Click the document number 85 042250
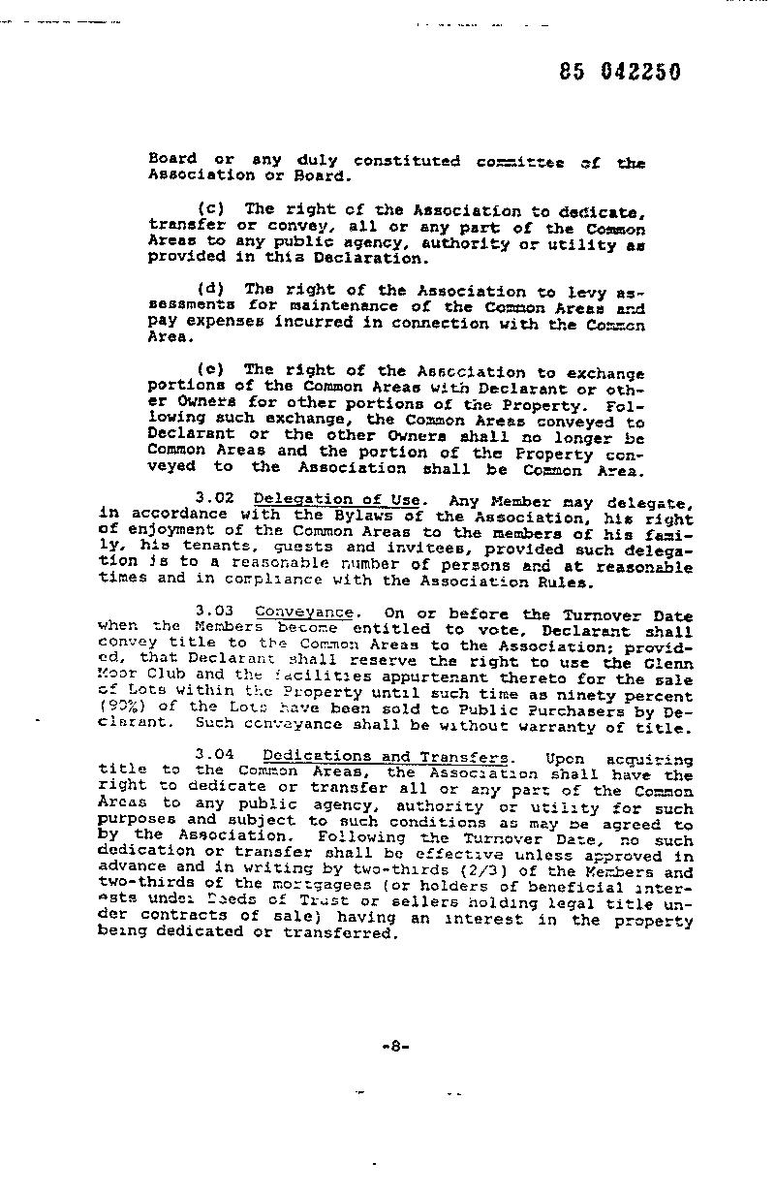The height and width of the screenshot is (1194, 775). coord(620,73)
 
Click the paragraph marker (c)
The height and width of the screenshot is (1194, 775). coord(212,209)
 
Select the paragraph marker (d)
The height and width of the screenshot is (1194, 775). coord(212,290)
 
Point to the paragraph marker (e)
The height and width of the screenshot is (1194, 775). coord(212,370)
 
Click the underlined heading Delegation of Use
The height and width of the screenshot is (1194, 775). coord(337,500)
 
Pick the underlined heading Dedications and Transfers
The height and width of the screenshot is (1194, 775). coord(386,756)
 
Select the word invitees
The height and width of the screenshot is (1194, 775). coord(373,549)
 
